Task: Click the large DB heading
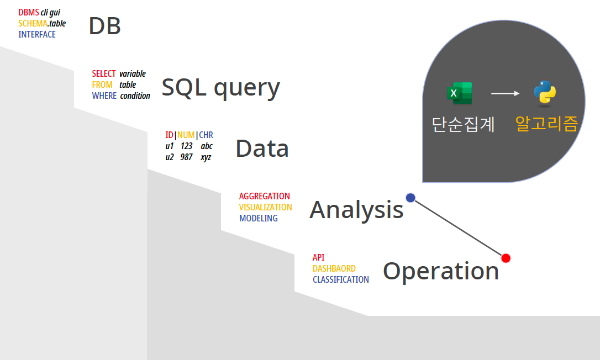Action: [104, 26]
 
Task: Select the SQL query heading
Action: [220, 87]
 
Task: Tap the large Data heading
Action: [262, 149]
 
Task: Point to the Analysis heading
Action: [356, 210]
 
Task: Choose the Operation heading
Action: [441, 271]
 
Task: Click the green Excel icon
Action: [459, 93]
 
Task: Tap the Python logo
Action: [545, 93]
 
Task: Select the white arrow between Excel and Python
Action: [505, 93]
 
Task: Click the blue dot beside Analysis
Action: [410, 198]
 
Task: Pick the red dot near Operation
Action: [506, 258]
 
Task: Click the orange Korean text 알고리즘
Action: [546, 124]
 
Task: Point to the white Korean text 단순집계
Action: [463, 124]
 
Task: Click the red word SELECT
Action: [104, 73]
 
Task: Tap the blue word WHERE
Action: [104, 96]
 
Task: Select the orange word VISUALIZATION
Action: [265, 207]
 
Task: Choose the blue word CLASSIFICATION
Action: [340, 279]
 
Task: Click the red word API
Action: [318, 257]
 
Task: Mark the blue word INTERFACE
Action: [37, 34]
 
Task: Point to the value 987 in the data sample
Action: [186, 157]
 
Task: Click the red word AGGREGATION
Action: [264, 196]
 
